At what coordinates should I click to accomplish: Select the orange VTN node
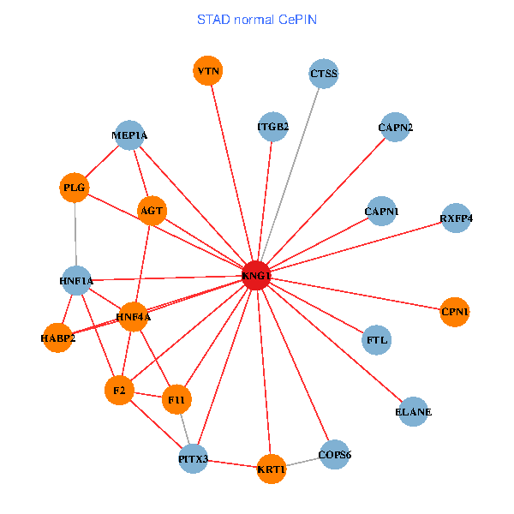(207, 70)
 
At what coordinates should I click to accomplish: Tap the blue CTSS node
(323, 74)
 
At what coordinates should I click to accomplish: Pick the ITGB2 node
(272, 128)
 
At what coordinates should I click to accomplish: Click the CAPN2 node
(395, 128)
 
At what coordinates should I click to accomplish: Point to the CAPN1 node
(381, 211)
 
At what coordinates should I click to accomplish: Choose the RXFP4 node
(456, 218)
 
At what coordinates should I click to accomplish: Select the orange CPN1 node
(454, 312)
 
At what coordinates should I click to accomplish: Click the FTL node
(377, 340)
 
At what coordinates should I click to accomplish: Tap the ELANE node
(413, 412)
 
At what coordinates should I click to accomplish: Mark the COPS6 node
(334, 455)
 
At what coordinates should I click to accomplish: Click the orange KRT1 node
(272, 469)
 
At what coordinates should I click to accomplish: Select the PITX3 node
(194, 459)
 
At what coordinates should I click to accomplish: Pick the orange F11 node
(177, 399)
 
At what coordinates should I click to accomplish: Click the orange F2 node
(119, 391)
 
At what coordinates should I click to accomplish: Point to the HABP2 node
(57, 338)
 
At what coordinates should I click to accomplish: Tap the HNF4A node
(133, 317)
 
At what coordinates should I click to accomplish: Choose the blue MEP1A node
(129, 135)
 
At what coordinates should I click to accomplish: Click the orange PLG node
(75, 188)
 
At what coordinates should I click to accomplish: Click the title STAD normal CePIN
(257, 19)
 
